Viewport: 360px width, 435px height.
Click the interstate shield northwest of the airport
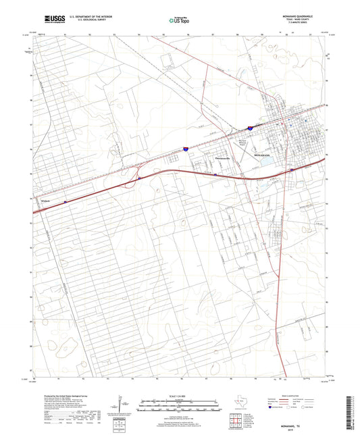[x=249, y=126]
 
